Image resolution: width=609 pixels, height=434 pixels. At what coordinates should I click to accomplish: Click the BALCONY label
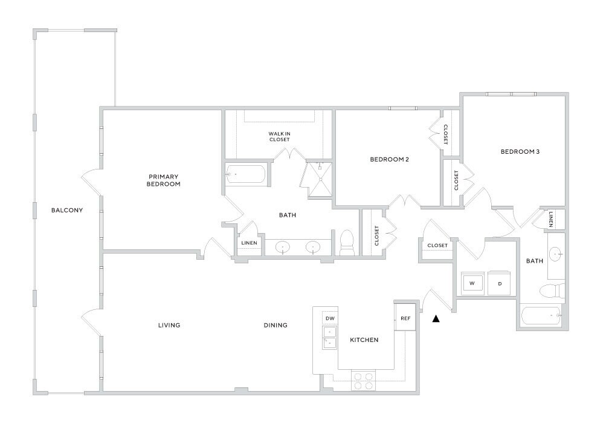(66, 211)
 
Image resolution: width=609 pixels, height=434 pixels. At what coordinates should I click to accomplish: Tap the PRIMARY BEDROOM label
(163, 180)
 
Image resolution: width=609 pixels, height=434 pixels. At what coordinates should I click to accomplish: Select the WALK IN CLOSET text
(279, 136)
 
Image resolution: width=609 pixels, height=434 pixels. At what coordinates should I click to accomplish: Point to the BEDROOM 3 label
(520, 151)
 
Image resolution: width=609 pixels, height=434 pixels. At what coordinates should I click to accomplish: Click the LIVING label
(169, 325)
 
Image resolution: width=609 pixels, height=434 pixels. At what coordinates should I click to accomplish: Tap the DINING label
(275, 325)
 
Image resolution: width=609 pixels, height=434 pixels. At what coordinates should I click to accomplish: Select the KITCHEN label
(364, 340)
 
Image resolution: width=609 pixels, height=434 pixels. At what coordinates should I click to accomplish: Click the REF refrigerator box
(405, 318)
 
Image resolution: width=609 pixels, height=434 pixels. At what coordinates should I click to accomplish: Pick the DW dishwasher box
(330, 318)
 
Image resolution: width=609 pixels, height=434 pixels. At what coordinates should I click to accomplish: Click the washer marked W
(472, 283)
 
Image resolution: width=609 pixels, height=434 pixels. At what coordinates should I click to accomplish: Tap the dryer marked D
(500, 283)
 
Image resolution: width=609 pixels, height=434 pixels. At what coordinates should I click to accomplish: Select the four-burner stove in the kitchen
(362, 381)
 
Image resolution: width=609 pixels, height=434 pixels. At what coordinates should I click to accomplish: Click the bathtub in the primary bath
(245, 174)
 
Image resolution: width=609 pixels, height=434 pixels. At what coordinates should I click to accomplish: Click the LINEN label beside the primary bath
(250, 243)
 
